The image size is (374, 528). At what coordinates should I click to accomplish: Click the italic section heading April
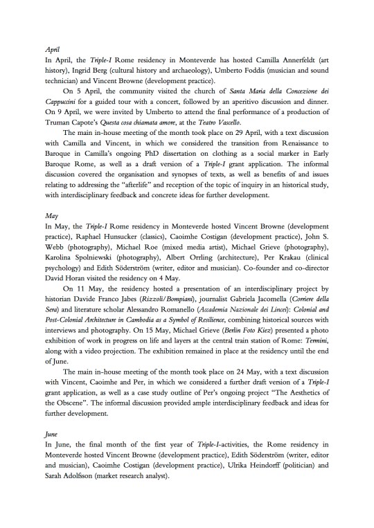[52, 51]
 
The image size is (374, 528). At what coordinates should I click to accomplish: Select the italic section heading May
[51, 216]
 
